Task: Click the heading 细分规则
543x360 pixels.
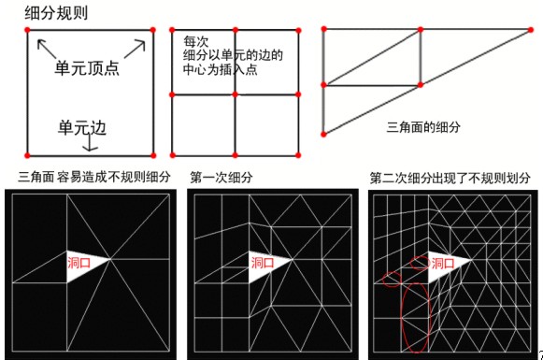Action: [56, 13]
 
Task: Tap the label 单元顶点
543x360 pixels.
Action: [87, 68]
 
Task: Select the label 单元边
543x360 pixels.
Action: [81, 127]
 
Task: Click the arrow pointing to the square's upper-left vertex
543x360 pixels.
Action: [47, 49]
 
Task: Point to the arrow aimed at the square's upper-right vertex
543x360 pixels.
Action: [136, 49]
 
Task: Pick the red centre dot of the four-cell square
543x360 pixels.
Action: [236, 94]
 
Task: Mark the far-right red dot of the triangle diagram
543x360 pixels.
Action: [531, 30]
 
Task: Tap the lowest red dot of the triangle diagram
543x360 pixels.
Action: [323, 134]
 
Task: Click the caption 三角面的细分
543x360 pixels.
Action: [423, 127]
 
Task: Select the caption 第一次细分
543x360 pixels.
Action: [221, 178]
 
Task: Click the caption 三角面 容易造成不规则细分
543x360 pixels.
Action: [94, 177]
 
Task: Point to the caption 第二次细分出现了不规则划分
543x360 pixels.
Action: [450, 178]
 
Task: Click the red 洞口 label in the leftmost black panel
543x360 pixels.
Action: [79, 263]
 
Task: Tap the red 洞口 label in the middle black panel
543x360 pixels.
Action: [262, 263]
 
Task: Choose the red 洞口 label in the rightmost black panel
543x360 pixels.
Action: [443, 264]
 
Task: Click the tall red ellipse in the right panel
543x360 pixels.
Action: [402, 317]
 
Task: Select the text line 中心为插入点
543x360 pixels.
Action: [220, 69]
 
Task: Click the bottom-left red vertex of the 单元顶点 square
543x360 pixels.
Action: [27, 155]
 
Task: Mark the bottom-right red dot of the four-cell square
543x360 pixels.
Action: [298, 155]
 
